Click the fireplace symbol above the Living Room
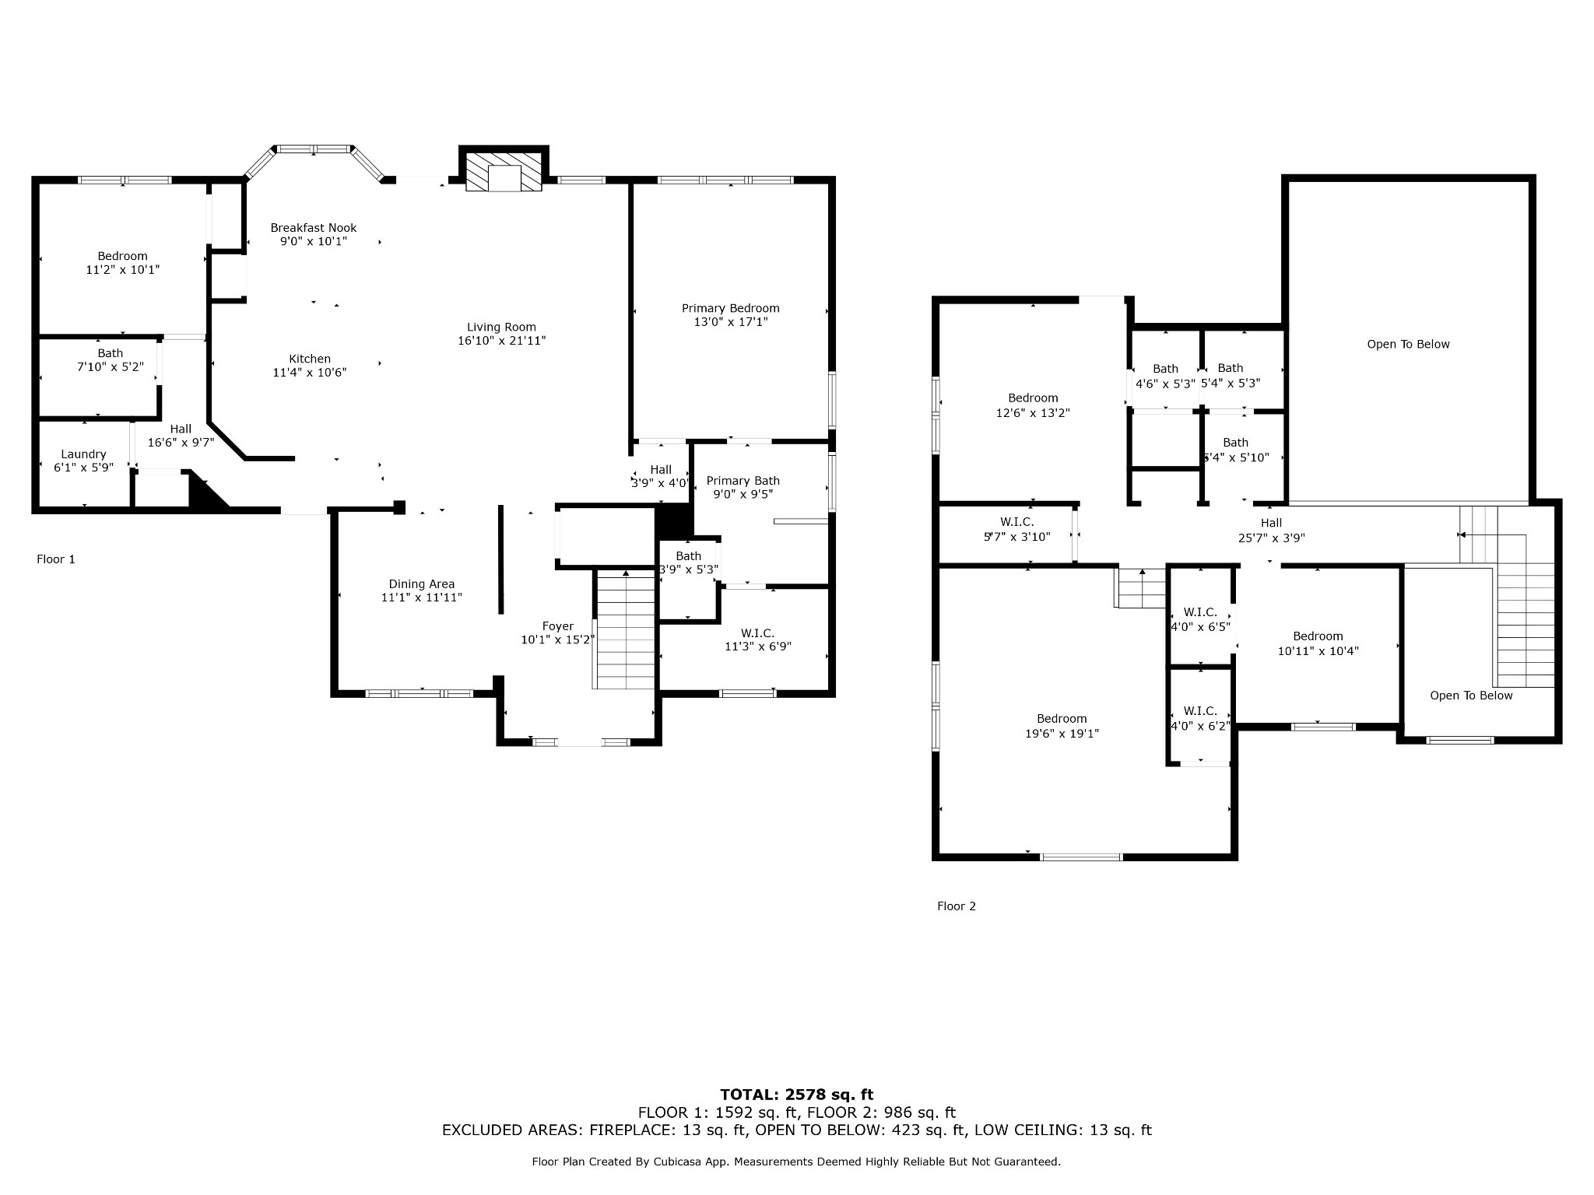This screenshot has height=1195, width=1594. (504, 168)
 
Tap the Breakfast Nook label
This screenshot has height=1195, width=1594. (314, 227)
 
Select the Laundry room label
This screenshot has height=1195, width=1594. (83, 454)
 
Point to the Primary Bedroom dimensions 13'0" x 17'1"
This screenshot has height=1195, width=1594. (731, 321)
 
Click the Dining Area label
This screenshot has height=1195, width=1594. (422, 584)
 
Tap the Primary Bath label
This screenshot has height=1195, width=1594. (743, 481)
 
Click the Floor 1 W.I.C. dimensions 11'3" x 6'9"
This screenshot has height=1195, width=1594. (758, 646)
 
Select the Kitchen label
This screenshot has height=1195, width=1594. (310, 359)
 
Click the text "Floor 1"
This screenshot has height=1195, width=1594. (56, 559)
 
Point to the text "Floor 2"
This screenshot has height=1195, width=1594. (957, 906)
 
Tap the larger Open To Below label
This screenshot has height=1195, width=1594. (1409, 344)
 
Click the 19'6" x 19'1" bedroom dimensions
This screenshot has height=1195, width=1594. (1062, 733)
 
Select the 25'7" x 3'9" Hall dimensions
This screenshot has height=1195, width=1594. (1272, 537)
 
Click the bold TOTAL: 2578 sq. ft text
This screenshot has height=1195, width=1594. (797, 1095)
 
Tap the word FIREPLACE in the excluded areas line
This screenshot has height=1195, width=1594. (634, 1130)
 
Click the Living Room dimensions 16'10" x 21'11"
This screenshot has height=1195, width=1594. (502, 340)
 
